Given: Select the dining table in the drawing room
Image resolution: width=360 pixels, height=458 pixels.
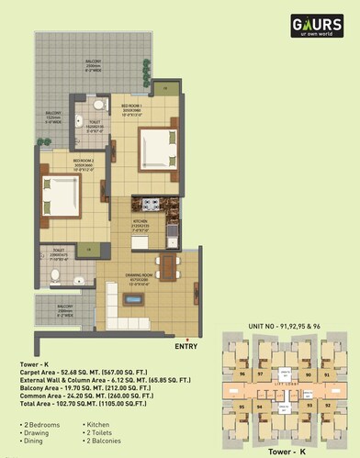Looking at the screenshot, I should click(165, 267).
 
